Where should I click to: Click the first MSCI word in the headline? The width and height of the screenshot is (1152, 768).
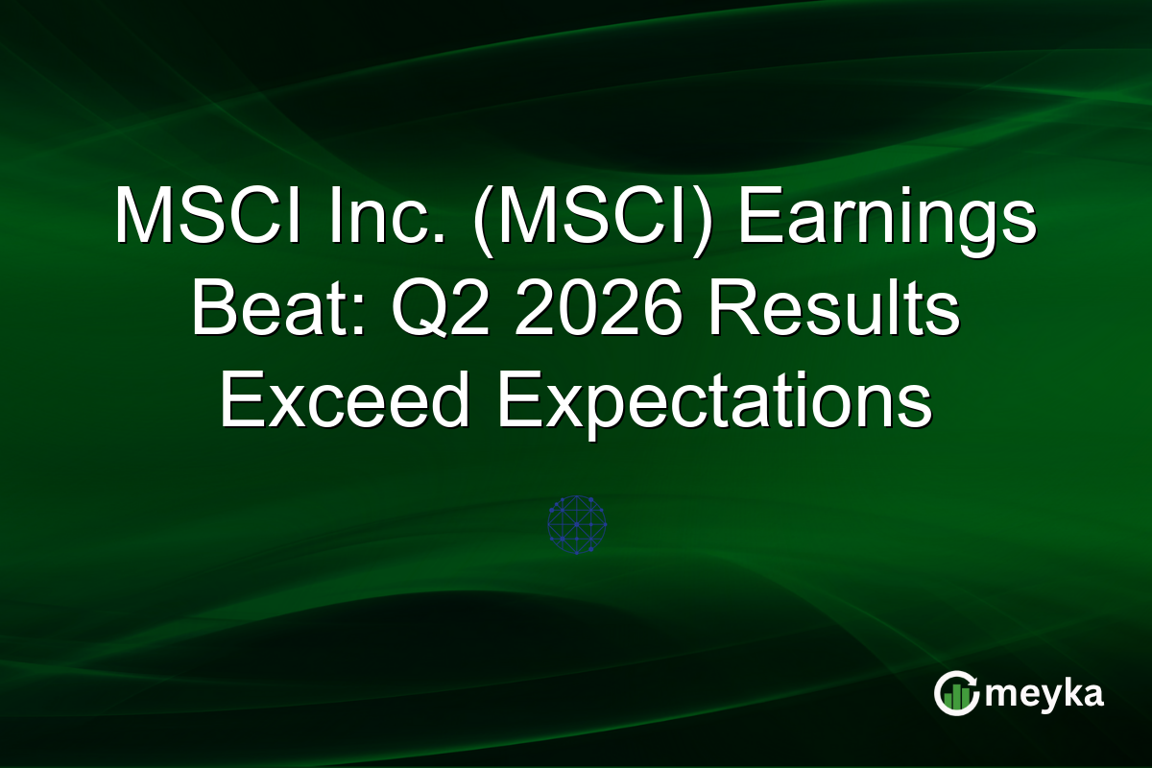(x=197, y=219)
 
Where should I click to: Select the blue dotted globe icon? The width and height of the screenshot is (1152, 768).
(x=576, y=524)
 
